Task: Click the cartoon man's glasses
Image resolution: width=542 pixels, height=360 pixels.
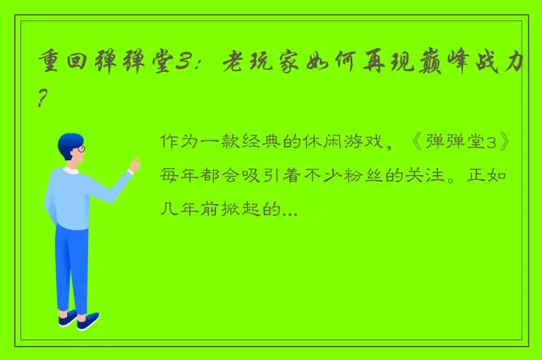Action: [x=80, y=150]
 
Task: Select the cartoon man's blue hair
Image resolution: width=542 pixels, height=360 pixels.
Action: [x=69, y=143]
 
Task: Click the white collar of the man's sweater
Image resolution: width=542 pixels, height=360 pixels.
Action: [x=71, y=170]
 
